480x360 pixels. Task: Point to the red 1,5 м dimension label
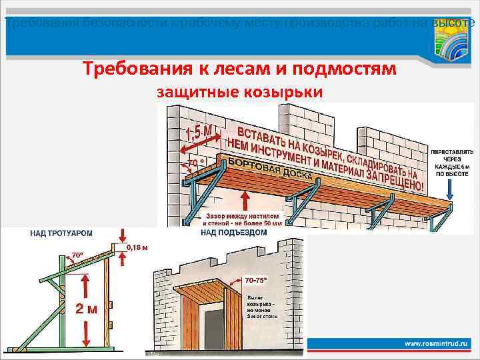pos(197,137)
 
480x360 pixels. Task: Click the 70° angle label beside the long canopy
pos(195,163)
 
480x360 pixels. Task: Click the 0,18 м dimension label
pos(139,247)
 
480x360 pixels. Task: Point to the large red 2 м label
pos(87,309)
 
